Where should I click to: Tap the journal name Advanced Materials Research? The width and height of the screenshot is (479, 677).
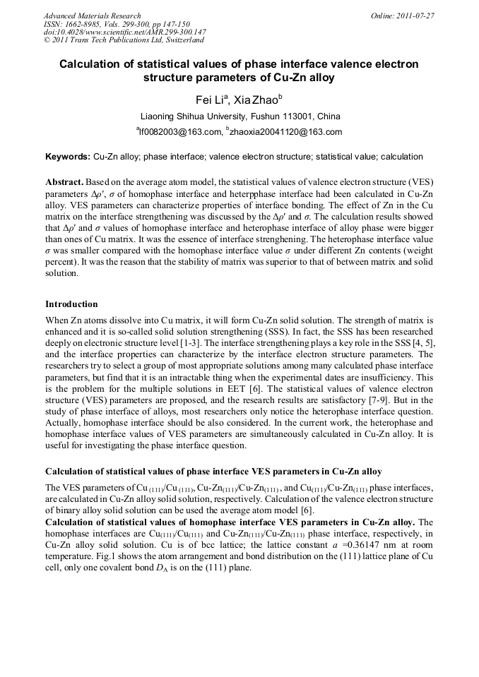tap(92, 16)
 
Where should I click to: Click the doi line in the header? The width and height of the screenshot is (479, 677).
tap(124, 32)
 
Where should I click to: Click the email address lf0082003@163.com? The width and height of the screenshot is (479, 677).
tap(179, 132)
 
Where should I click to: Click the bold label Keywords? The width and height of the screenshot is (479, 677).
tap(68, 157)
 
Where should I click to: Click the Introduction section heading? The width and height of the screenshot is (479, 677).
tap(71, 304)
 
